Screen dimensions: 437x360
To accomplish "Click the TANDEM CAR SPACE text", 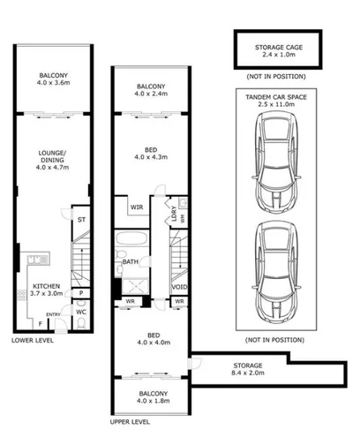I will (x=278, y=98).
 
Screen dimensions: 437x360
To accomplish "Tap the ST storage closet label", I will (x=79, y=220).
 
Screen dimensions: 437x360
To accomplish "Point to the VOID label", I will (x=179, y=287).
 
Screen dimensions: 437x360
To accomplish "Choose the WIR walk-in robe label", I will (x=137, y=208).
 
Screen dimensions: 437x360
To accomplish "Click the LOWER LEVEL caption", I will (x=34, y=339).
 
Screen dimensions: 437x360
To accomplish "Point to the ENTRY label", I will (x=55, y=313).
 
